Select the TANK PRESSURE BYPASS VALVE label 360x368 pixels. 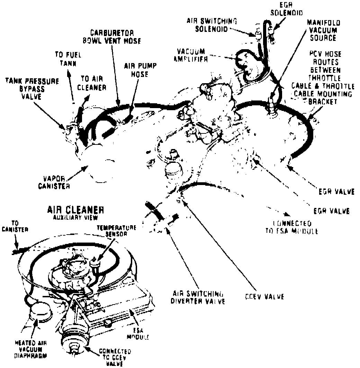click(31, 88)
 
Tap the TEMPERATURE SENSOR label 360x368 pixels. click(116, 231)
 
